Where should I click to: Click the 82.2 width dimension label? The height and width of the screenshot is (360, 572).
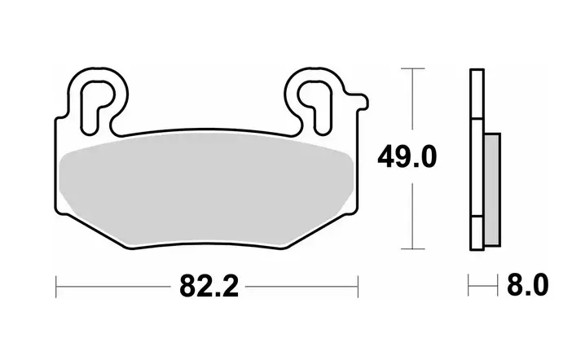coord(209,287)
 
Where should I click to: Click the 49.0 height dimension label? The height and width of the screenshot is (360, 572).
coord(407,157)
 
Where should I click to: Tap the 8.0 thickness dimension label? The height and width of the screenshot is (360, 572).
coord(527,285)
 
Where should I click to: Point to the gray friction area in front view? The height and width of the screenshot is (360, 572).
coord(205,189)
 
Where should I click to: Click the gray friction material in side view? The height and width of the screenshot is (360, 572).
coord(492,189)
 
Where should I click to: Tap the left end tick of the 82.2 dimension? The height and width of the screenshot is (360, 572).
coord(55,287)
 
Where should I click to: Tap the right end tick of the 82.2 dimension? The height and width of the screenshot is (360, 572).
coord(358,287)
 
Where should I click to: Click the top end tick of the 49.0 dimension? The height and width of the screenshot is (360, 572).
coord(412,68)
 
